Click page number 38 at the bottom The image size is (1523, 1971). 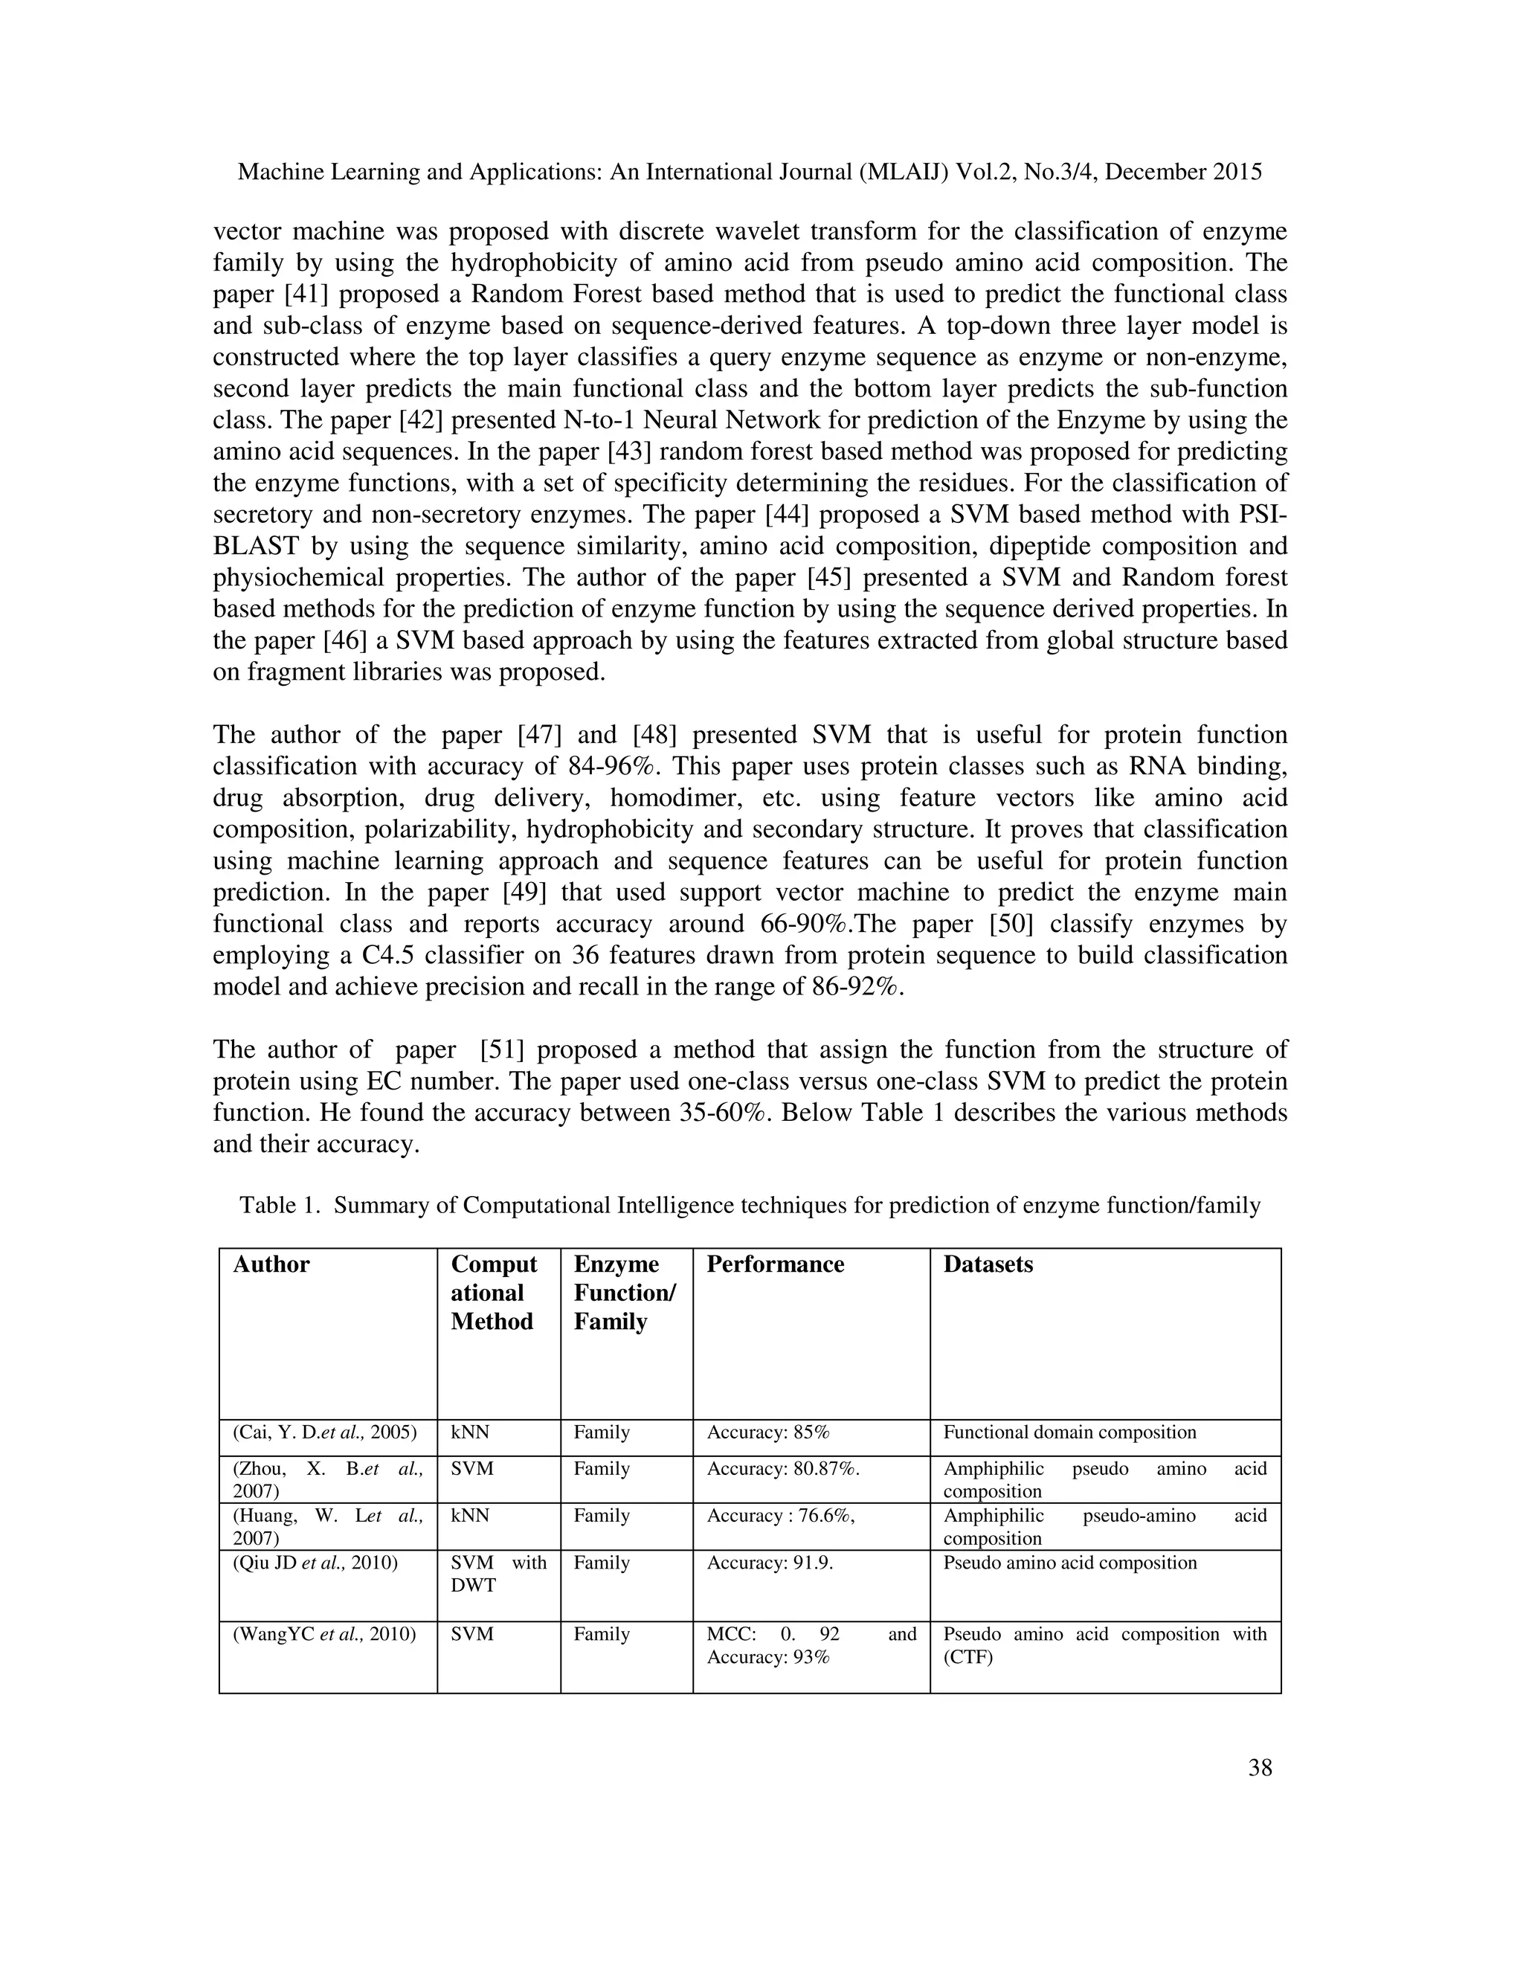tap(1260, 1768)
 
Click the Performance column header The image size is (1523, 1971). tap(774, 1264)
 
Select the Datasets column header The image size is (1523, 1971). tap(988, 1264)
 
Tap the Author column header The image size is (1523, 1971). tap(271, 1264)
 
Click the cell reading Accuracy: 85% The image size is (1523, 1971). tap(767, 1433)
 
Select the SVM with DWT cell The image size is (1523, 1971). tap(498, 1574)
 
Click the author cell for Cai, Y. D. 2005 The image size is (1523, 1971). tap(325, 1433)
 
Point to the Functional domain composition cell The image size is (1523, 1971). tap(1069, 1433)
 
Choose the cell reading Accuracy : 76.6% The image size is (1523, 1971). tap(780, 1516)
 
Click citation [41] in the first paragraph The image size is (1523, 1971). tap(307, 295)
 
